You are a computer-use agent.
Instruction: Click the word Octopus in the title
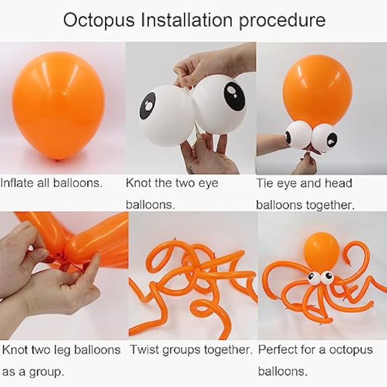(x=99, y=20)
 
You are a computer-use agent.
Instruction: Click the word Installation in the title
(x=187, y=20)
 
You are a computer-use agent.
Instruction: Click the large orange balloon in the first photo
(x=58, y=106)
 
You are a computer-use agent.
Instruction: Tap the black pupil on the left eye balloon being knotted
(x=147, y=105)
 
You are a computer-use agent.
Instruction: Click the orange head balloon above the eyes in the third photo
(x=318, y=90)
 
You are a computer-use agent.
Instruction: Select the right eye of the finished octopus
(x=327, y=276)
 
